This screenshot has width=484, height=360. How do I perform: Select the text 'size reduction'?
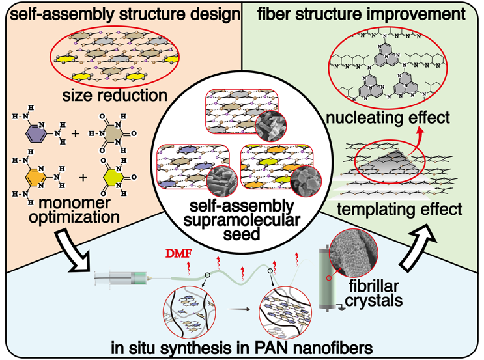click(x=119, y=96)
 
